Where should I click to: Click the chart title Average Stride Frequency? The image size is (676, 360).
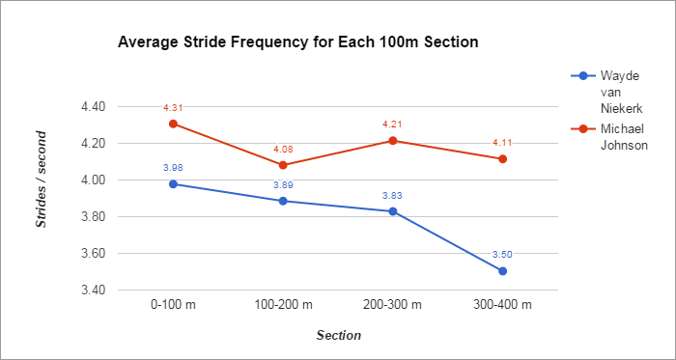click(297, 43)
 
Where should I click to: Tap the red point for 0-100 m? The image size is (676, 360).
click(173, 124)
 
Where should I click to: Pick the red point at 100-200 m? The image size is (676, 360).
click(283, 165)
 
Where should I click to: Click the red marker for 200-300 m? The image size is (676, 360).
click(393, 141)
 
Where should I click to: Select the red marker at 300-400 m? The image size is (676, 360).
click(503, 159)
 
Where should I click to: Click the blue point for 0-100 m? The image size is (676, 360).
click(173, 183)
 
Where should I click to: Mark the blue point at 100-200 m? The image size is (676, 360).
click(283, 201)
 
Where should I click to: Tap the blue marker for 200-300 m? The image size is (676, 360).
click(393, 211)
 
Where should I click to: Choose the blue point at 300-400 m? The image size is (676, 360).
click(503, 271)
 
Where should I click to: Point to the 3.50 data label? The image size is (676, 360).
click(503, 254)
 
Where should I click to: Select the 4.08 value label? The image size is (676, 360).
click(283, 149)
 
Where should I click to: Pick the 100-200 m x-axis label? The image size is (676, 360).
click(283, 305)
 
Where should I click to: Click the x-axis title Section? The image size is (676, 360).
click(338, 336)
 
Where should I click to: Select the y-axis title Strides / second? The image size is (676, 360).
click(42, 198)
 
